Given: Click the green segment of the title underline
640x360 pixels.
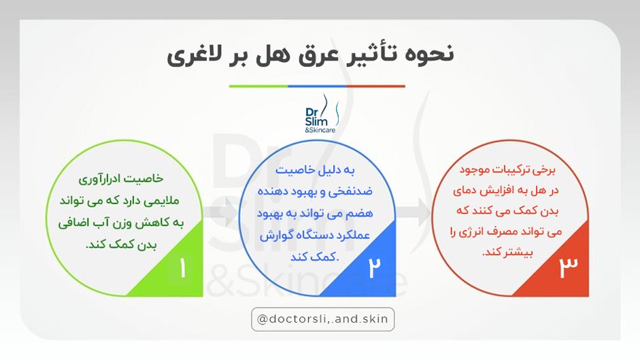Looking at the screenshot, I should click(x=258, y=86).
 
